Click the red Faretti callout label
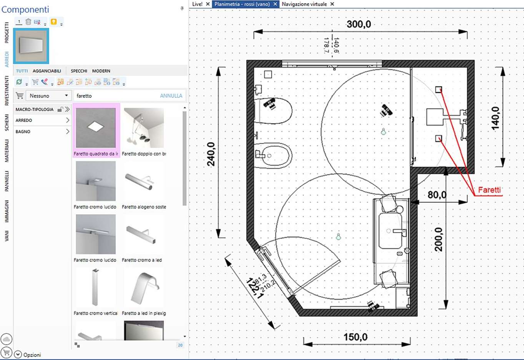(x=489, y=189)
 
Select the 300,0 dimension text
(x=359, y=24)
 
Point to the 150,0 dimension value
(x=355, y=337)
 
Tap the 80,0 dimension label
(x=437, y=194)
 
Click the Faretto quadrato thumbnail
(x=96, y=128)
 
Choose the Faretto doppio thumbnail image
(x=144, y=128)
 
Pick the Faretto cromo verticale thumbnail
(x=96, y=287)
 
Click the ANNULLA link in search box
(x=171, y=96)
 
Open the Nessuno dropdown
(x=48, y=96)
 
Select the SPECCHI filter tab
(x=79, y=71)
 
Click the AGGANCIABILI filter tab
(x=47, y=71)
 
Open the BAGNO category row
(x=42, y=132)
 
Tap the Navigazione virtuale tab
(x=304, y=4)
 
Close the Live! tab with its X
(x=208, y=4)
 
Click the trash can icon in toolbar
(x=28, y=22)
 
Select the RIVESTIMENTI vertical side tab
(x=7, y=90)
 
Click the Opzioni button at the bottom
(x=28, y=355)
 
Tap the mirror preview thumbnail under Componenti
(x=31, y=46)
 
